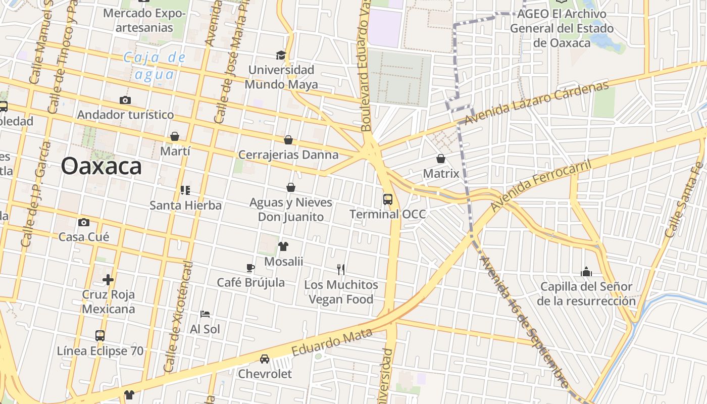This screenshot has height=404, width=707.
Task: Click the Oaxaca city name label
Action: (102, 166)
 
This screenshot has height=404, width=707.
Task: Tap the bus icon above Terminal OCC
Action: (388, 199)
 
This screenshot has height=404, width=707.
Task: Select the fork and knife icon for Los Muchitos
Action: (341, 270)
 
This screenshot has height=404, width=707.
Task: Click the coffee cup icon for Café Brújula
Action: (250, 268)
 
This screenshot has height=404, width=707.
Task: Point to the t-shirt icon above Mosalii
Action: (283, 246)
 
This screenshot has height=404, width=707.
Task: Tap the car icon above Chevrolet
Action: (265, 359)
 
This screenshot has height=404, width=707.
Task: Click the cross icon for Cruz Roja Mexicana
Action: (108, 279)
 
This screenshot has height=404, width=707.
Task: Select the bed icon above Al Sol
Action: (205, 314)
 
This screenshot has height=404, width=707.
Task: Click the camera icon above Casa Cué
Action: (84, 222)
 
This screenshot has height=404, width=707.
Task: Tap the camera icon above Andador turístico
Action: (125, 100)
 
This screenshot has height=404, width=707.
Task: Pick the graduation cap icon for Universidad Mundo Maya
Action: (281, 55)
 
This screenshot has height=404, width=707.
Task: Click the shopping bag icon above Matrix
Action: (441, 159)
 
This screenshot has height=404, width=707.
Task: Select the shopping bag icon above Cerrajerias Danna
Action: (288, 140)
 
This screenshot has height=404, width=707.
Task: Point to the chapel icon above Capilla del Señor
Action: (586, 272)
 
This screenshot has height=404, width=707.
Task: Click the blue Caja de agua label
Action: (155, 66)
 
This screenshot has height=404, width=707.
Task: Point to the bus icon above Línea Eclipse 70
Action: (100, 336)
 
